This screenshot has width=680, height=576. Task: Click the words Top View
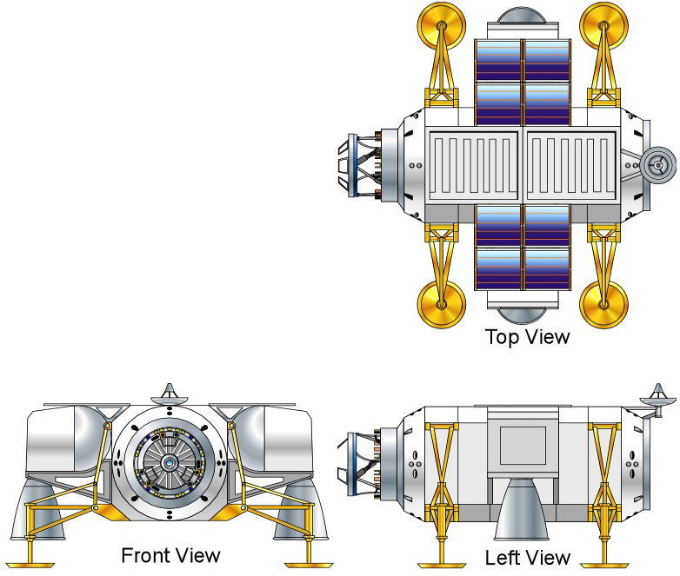coord(527,337)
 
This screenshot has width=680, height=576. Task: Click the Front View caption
coord(170,555)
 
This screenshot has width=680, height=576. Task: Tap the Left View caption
coord(527,558)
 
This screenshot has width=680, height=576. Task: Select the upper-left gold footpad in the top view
coord(442,26)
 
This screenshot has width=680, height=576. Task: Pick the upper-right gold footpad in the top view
coord(603,26)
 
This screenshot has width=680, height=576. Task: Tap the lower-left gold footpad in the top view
coord(442,304)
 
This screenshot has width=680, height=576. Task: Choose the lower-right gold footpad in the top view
coord(603,304)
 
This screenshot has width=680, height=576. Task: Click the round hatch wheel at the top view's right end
coord(658,165)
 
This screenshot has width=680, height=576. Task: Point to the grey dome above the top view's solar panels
coord(522,16)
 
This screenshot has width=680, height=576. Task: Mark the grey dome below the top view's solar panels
coord(522,315)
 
